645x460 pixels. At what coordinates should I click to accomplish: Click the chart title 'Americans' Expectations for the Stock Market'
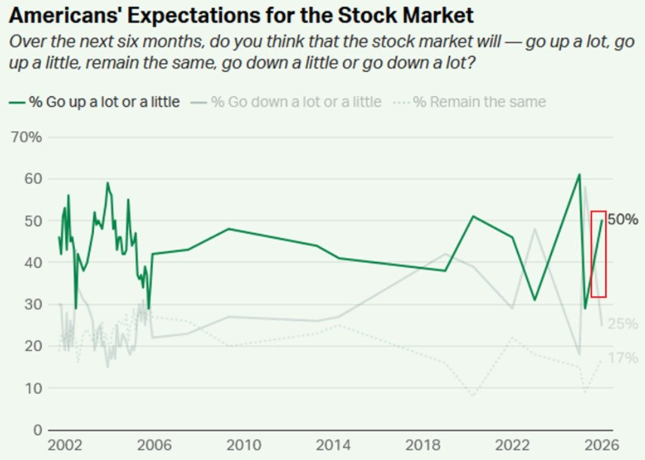click(x=241, y=15)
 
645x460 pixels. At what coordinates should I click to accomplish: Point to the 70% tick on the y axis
click(x=27, y=137)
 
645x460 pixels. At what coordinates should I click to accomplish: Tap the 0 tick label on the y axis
click(x=36, y=430)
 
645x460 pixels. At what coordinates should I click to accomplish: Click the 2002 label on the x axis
click(x=64, y=446)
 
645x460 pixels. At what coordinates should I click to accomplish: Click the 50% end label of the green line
click(x=623, y=220)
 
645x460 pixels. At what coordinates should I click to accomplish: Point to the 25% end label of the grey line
click(x=623, y=324)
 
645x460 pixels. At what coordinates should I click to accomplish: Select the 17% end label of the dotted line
click(x=623, y=358)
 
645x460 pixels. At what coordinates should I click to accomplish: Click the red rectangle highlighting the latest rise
click(x=598, y=253)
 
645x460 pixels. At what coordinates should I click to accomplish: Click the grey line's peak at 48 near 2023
click(x=535, y=229)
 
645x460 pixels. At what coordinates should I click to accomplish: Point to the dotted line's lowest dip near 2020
click(x=474, y=395)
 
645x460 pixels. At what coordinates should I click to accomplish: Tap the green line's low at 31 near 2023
click(x=535, y=300)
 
